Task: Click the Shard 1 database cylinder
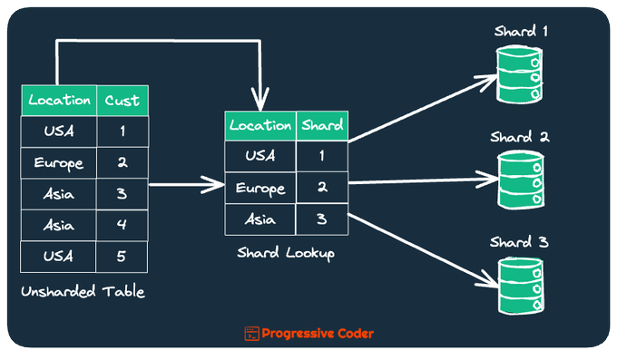[519, 74]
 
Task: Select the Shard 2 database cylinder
[521, 180]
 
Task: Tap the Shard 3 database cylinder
[521, 286]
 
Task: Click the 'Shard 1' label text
[521, 31]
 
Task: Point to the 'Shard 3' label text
[519, 242]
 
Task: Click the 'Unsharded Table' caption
[83, 292]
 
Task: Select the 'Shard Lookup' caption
[286, 253]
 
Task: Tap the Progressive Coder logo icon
[252, 334]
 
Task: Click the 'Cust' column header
[122, 101]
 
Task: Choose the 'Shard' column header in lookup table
[322, 126]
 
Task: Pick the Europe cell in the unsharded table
[59, 163]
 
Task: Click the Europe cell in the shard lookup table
[260, 188]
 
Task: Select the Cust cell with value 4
[122, 225]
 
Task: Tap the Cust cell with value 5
[122, 257]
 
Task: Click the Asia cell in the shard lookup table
[260, 219]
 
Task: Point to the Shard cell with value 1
[322, 156]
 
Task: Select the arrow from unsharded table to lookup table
[187, 184]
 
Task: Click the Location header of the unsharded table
[59, 101]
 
